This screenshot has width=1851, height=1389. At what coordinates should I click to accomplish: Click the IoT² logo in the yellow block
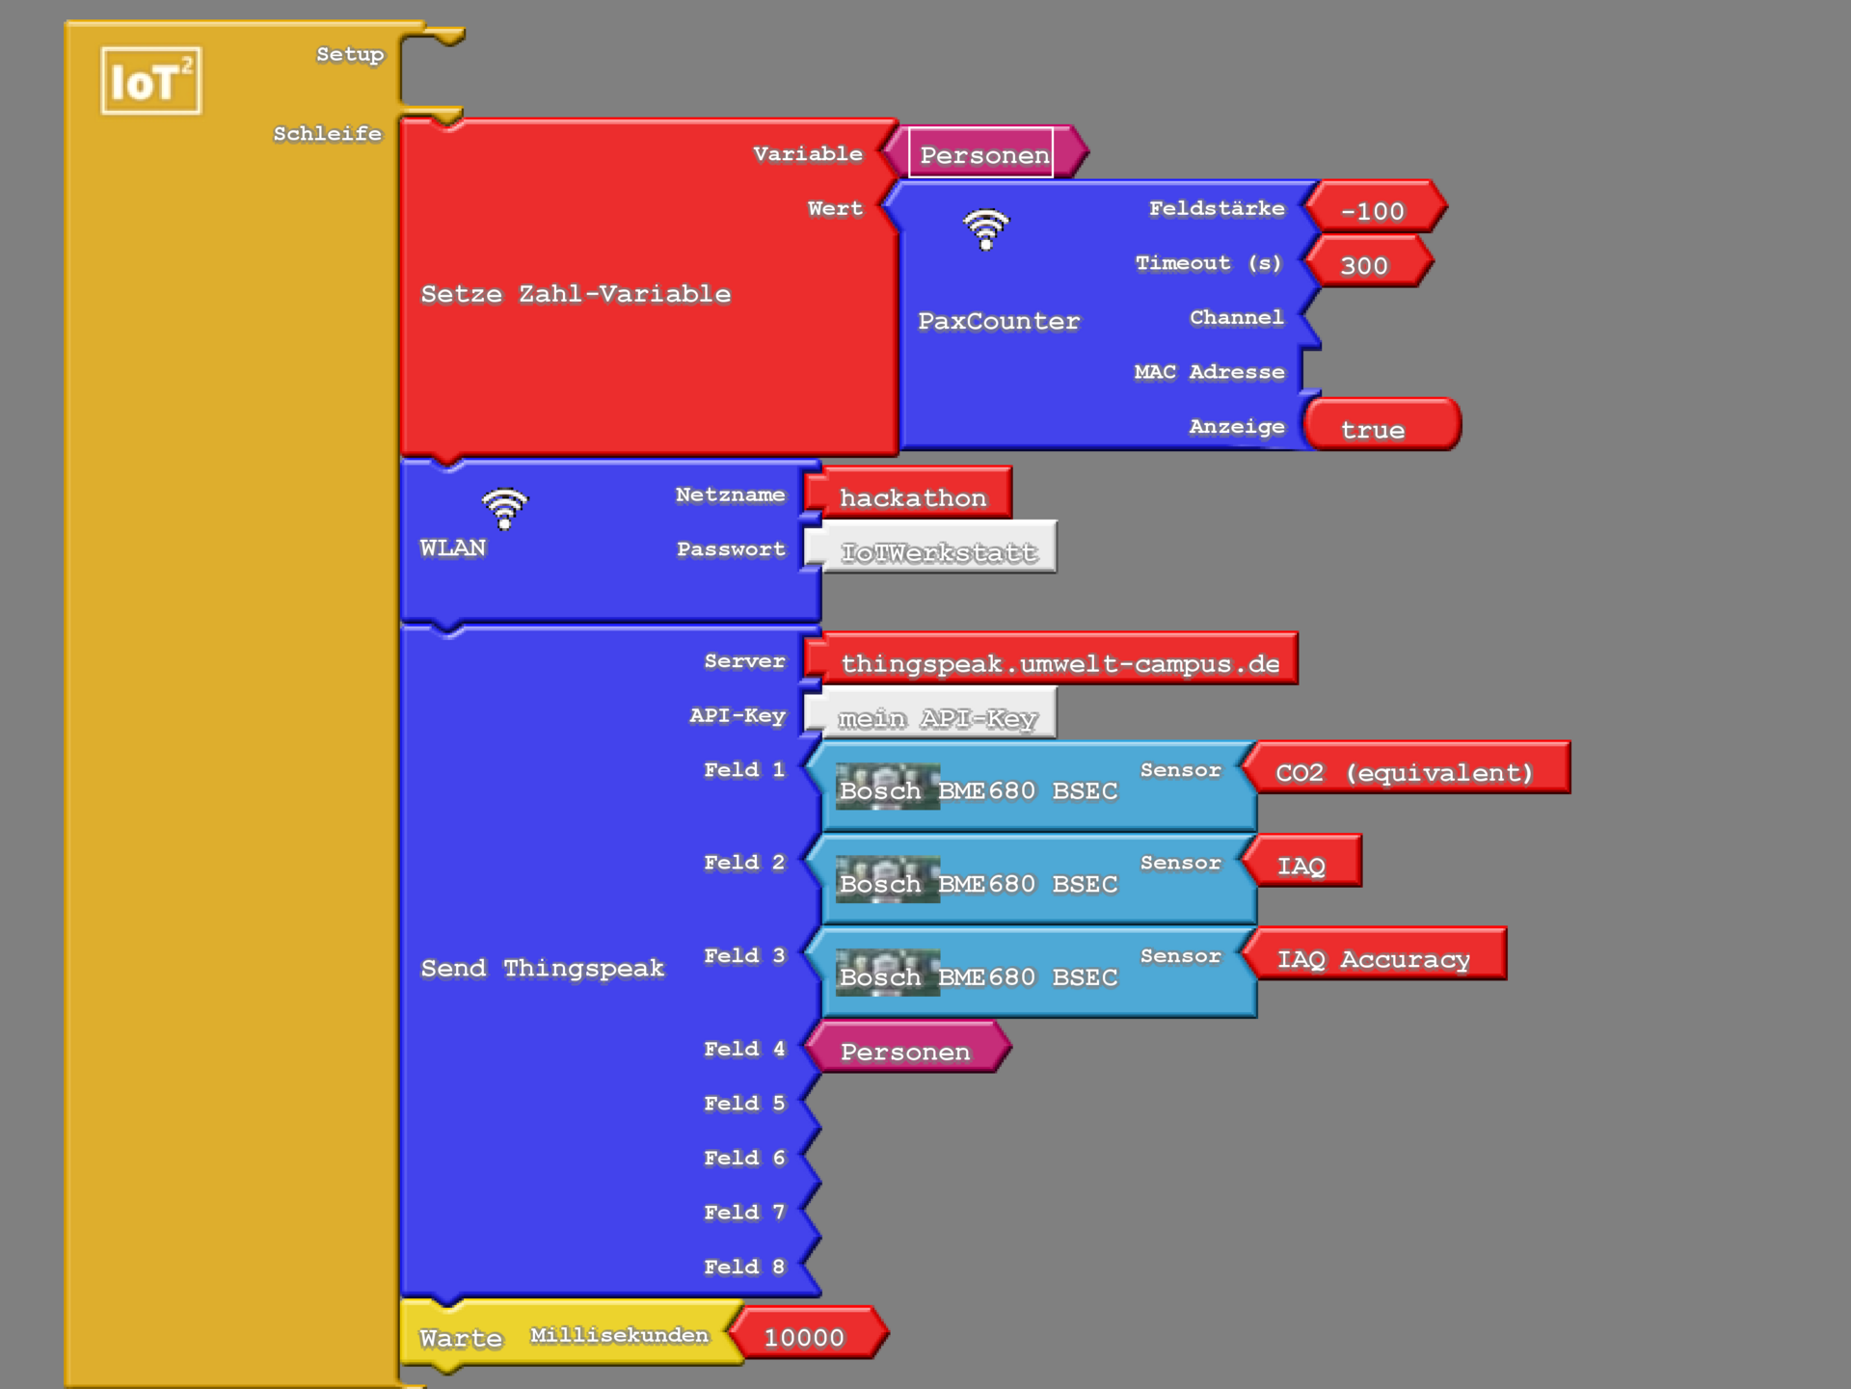point(151,81)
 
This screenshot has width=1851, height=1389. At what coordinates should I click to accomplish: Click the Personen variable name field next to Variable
point(981,154)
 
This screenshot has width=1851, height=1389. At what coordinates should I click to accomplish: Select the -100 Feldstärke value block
point(1373,209)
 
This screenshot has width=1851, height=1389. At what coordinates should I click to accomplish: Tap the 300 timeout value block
point(1365,264)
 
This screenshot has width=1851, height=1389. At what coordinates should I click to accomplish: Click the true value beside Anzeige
point(1378,428)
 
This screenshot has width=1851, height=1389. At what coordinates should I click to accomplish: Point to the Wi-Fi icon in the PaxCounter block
point(985,229)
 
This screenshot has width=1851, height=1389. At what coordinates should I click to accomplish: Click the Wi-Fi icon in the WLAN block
point(504,508)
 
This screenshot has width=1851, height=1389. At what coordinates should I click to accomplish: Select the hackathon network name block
point(912,496)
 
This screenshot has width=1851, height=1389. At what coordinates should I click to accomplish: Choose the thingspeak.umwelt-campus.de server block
point(1058,662)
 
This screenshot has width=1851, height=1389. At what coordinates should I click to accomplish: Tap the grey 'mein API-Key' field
point(935,717)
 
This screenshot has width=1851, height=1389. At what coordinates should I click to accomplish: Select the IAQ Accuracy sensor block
point(1374,957)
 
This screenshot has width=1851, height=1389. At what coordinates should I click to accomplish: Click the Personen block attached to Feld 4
point(905,1051)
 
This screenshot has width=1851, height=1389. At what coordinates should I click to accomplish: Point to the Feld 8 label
point(744,1267)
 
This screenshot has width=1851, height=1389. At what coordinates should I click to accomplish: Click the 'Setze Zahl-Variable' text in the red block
point(576,293)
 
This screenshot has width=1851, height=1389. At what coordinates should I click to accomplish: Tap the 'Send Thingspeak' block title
point(542,968)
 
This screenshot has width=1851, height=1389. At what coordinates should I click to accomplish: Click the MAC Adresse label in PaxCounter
point(1209,372)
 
